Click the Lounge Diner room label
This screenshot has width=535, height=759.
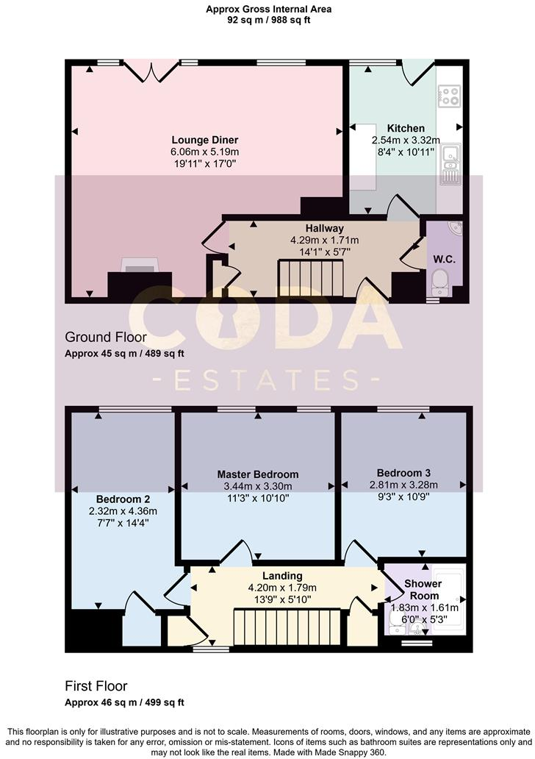point(205,140)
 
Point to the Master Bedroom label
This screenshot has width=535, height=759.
point(258,474)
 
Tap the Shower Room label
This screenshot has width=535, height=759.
point(424,590)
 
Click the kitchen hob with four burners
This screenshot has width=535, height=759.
point(449,95)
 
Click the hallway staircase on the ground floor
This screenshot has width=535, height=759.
point(311,279)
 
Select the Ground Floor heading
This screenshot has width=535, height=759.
point(106,338)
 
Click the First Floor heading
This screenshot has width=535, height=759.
point(96,686)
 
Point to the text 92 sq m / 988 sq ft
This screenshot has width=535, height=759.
point(268,21)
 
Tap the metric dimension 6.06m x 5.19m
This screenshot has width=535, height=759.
point(205,152)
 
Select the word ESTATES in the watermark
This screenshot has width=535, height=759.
point(267,379)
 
